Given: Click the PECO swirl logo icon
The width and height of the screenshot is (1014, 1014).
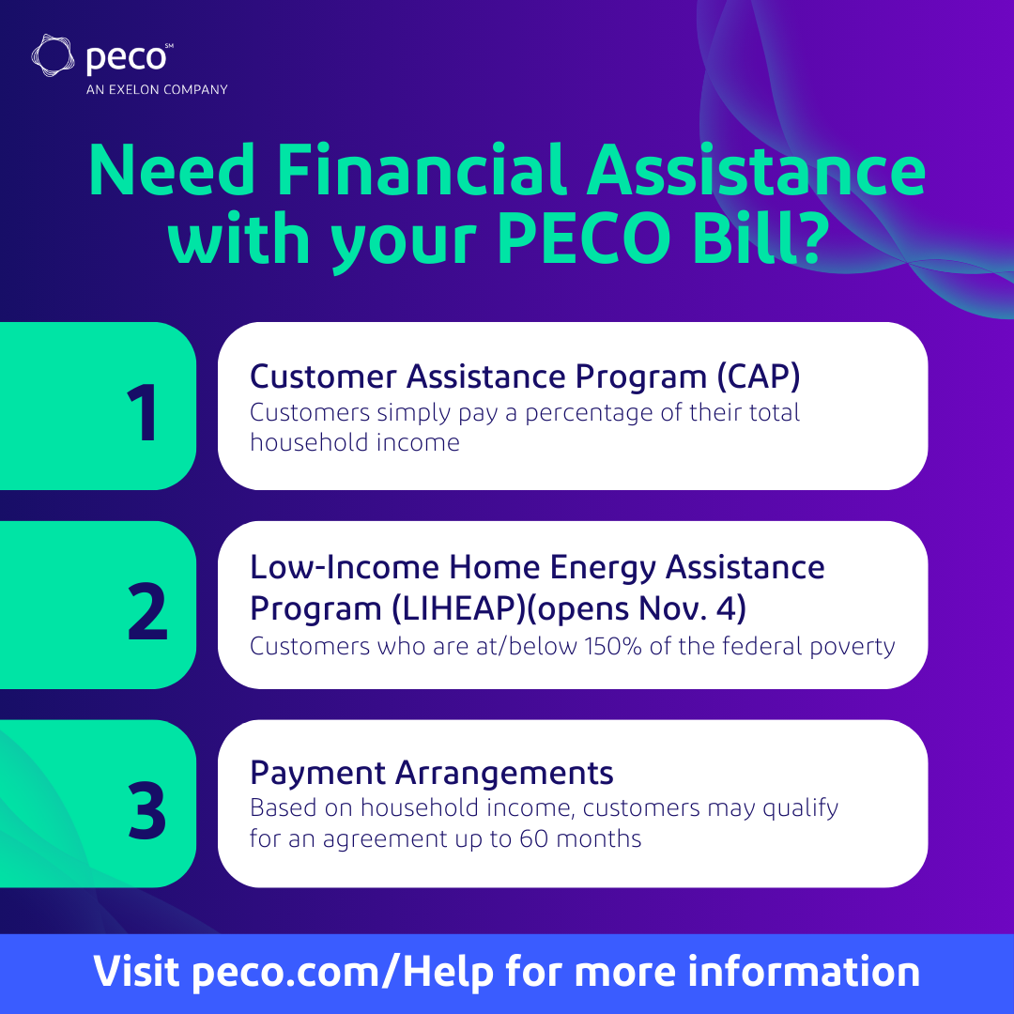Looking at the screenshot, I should coord(54,56).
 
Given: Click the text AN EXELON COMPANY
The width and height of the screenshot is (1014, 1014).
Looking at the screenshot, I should coord(157,90).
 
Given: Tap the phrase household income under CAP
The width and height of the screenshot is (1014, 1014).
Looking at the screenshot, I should coord(355,442).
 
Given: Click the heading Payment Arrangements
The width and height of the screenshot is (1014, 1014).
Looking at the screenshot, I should coord(431,774).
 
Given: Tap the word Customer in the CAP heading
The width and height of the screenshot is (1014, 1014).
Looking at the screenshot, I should coord(322,376).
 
